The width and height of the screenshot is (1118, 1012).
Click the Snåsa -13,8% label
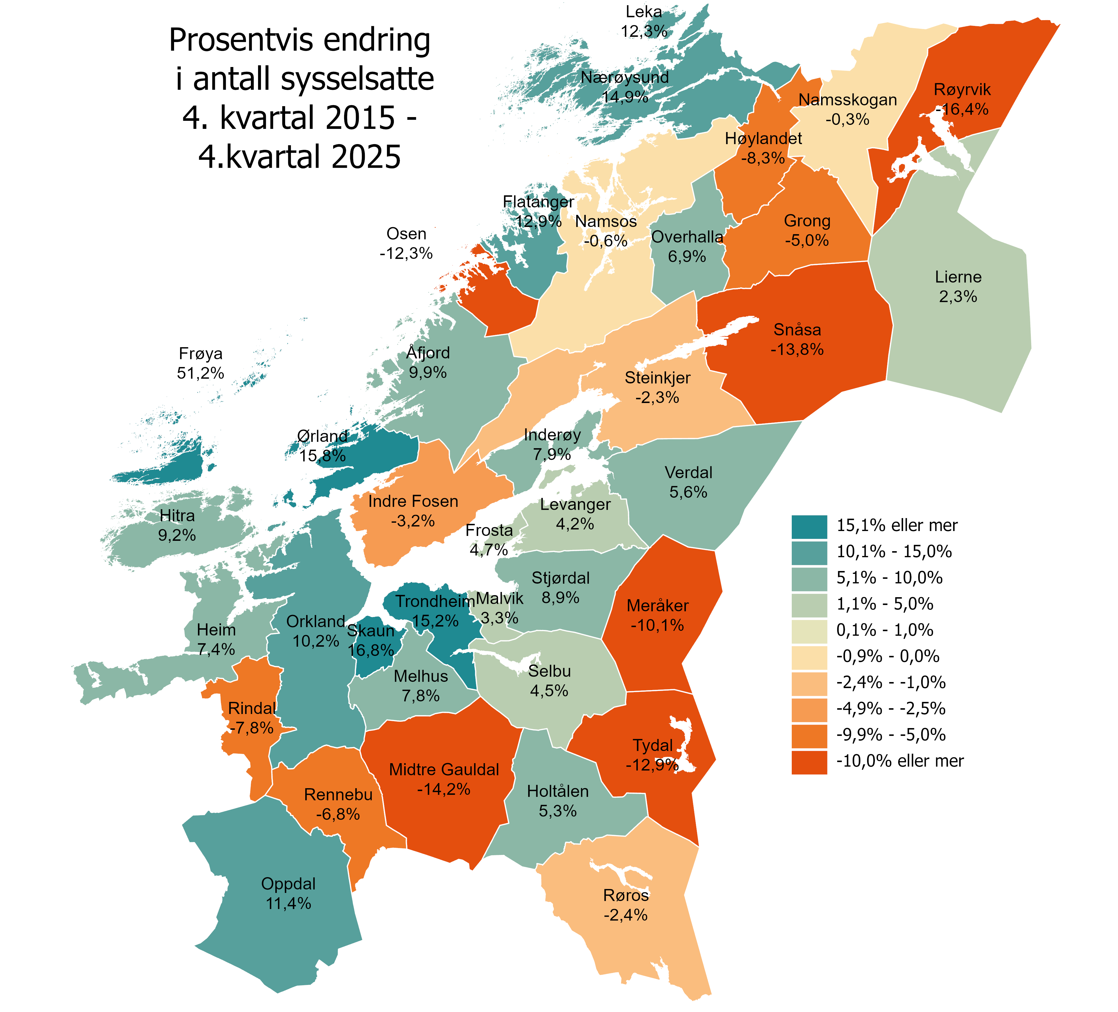click(x=797, y=339)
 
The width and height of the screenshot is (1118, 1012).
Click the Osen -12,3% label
click(x=406, y=243)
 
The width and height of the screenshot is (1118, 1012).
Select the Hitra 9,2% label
click(x=177, y=525)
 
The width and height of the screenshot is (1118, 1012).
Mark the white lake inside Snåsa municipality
click(x=721, y=333)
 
